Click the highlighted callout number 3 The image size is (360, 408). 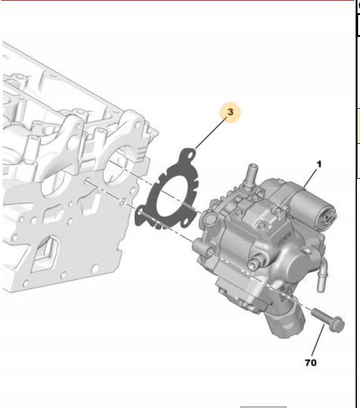230,112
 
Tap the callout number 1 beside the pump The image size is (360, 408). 319,164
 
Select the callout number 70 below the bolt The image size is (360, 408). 311,362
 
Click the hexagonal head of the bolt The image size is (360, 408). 337,324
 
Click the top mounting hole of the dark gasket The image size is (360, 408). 191,155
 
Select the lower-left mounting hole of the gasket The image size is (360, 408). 141,213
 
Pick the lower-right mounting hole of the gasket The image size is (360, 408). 186,221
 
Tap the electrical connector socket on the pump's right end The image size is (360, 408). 329,217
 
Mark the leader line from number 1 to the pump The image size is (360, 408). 310,178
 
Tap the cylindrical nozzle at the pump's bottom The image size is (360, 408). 286,320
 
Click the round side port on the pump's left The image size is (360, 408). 210,219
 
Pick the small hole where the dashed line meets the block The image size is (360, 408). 122,202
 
